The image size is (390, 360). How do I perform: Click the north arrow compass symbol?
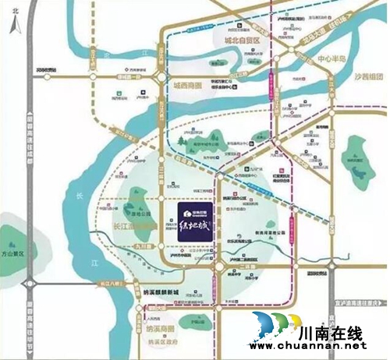(x=9, y=21)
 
